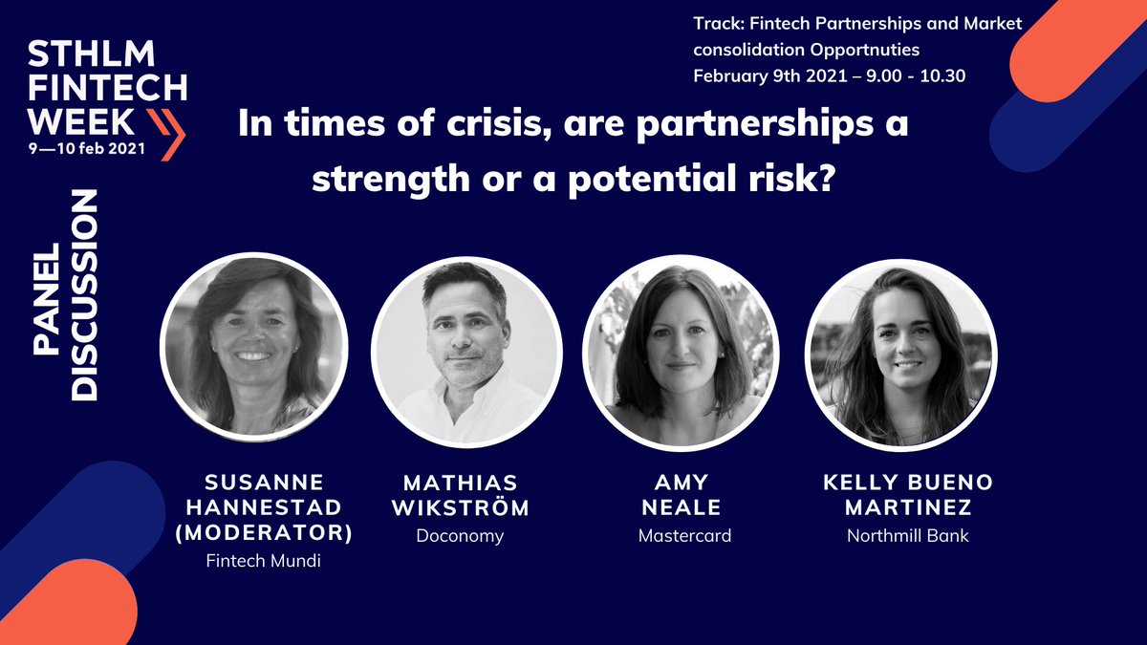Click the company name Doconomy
pyautogui.click(x=460, y=536)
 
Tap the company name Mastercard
pyautogui.click(x=684, y=536)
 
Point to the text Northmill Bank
pyautogui.click(x=908, y=536)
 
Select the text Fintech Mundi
pyautogui.click(x=264, y=561)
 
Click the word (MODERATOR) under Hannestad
pyautogui.click(x=264, y=533)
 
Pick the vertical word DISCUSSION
pyautogui.click(x=86, y=295)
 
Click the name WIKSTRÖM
pyautogui.click(x=460, y=507)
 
